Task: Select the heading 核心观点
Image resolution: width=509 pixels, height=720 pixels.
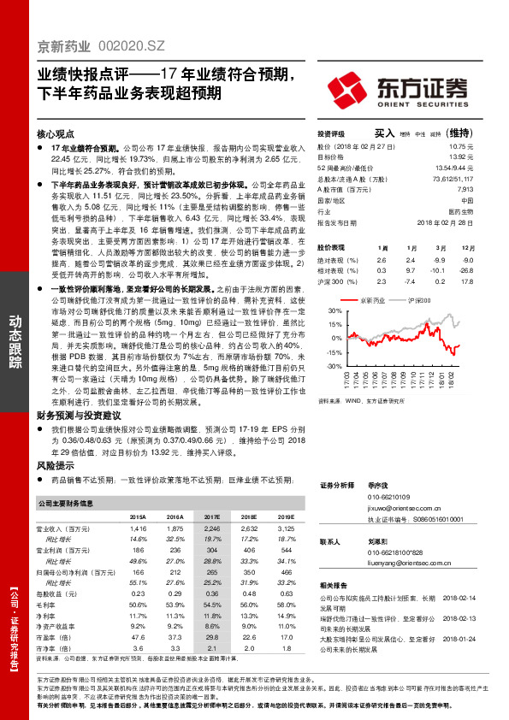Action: (x=57, y=135)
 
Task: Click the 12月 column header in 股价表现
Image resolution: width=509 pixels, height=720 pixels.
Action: (x=465, y=247)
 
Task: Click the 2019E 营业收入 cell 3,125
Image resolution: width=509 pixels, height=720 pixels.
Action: (x=281, y=529)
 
